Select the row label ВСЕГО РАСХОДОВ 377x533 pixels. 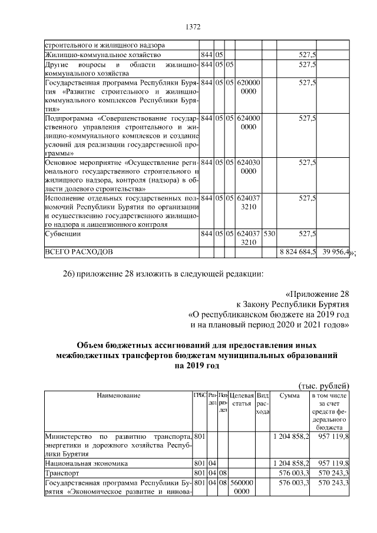(x=78, y=252)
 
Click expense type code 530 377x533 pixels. (x=269, y=234)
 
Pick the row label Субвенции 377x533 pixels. (x=64, y=234)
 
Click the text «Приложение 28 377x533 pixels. (x=318, y=294)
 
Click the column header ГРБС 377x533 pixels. (x=199, y=395)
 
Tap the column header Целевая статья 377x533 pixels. (x=242, y=399)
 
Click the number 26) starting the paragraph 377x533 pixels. (x=70, y=274)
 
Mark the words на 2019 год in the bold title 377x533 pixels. (x=196, y=366)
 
